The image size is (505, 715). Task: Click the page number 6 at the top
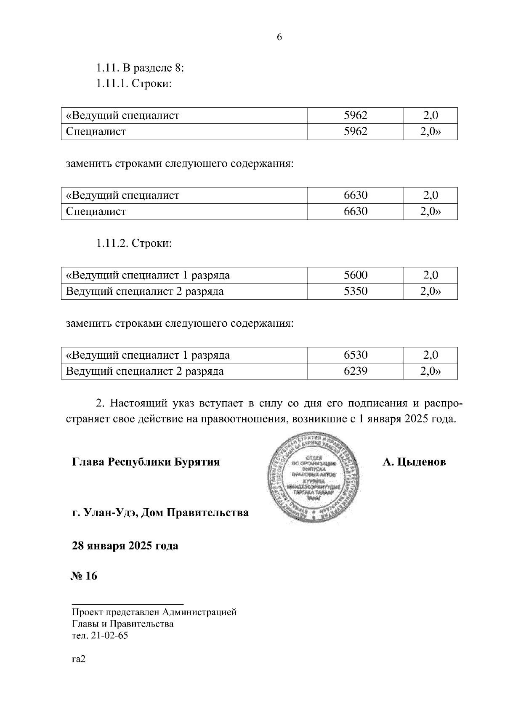point(279,37)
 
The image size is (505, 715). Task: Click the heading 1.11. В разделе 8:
point(141,67)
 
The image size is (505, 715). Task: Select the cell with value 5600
point(356,275)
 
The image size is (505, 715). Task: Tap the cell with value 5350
point(356,291)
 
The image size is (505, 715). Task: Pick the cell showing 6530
point(356,355)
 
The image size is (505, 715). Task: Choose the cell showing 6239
point(356,371)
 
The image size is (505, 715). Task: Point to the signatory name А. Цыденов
point(414,462)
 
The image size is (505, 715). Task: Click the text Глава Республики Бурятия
point(146,462)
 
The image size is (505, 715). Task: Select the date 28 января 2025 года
point(125,546)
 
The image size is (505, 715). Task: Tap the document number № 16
point(83,576)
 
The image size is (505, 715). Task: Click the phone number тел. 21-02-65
point(100,636)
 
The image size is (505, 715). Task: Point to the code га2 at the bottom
point(79,660)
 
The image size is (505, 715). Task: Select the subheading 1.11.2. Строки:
point(134,243)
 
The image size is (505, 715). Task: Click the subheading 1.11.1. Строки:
point(134,84)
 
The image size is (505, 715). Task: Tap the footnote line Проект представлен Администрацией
point(154,612)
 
